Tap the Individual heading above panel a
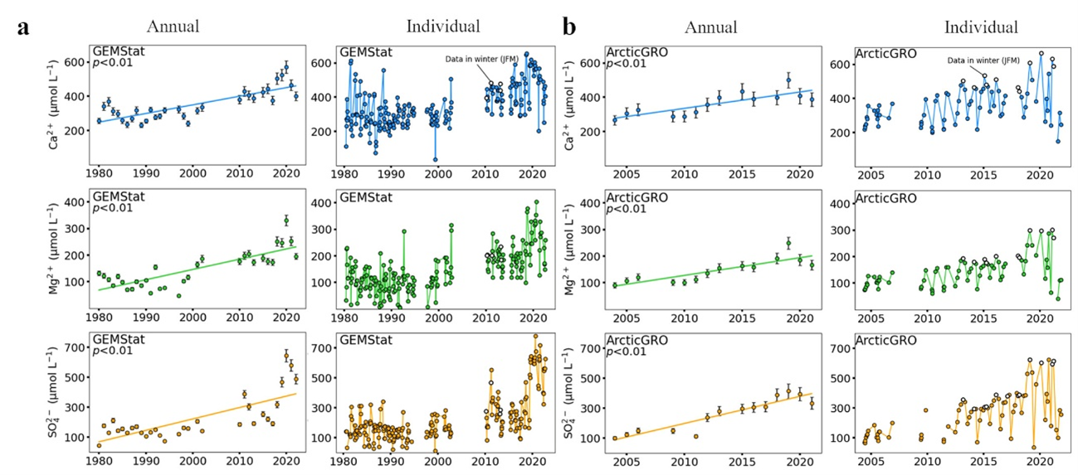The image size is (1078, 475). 442,27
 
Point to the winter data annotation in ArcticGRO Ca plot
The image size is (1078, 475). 984,61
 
